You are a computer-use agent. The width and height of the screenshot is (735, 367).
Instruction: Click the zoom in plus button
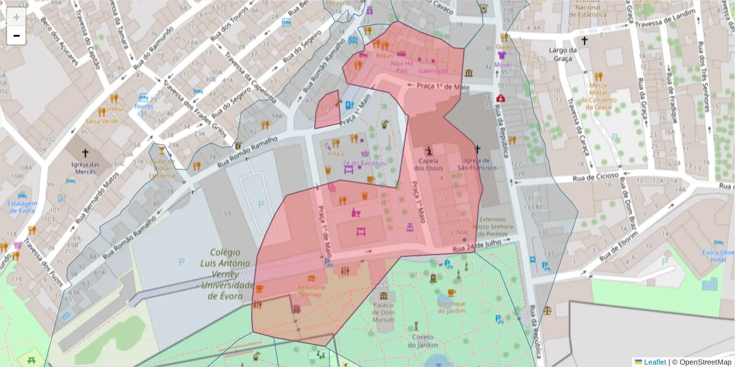coord(17,17)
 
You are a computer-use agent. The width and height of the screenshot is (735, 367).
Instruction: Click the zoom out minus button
coord(17,35)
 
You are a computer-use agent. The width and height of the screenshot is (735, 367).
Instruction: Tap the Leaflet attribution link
coord(655,362)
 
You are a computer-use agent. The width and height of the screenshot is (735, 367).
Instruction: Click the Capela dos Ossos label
coord(428,164)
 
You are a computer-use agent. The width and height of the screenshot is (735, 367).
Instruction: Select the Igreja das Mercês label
coord(85,168)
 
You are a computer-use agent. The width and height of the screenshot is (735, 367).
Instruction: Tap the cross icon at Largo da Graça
coord(584,41)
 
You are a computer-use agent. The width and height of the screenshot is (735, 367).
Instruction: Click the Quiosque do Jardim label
coord(451,307)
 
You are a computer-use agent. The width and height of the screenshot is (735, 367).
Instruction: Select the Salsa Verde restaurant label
coord(102,121)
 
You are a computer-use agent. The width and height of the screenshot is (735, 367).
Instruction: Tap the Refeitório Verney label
coord(309,291)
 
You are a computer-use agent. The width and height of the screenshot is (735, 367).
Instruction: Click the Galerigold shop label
coord(433,71)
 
